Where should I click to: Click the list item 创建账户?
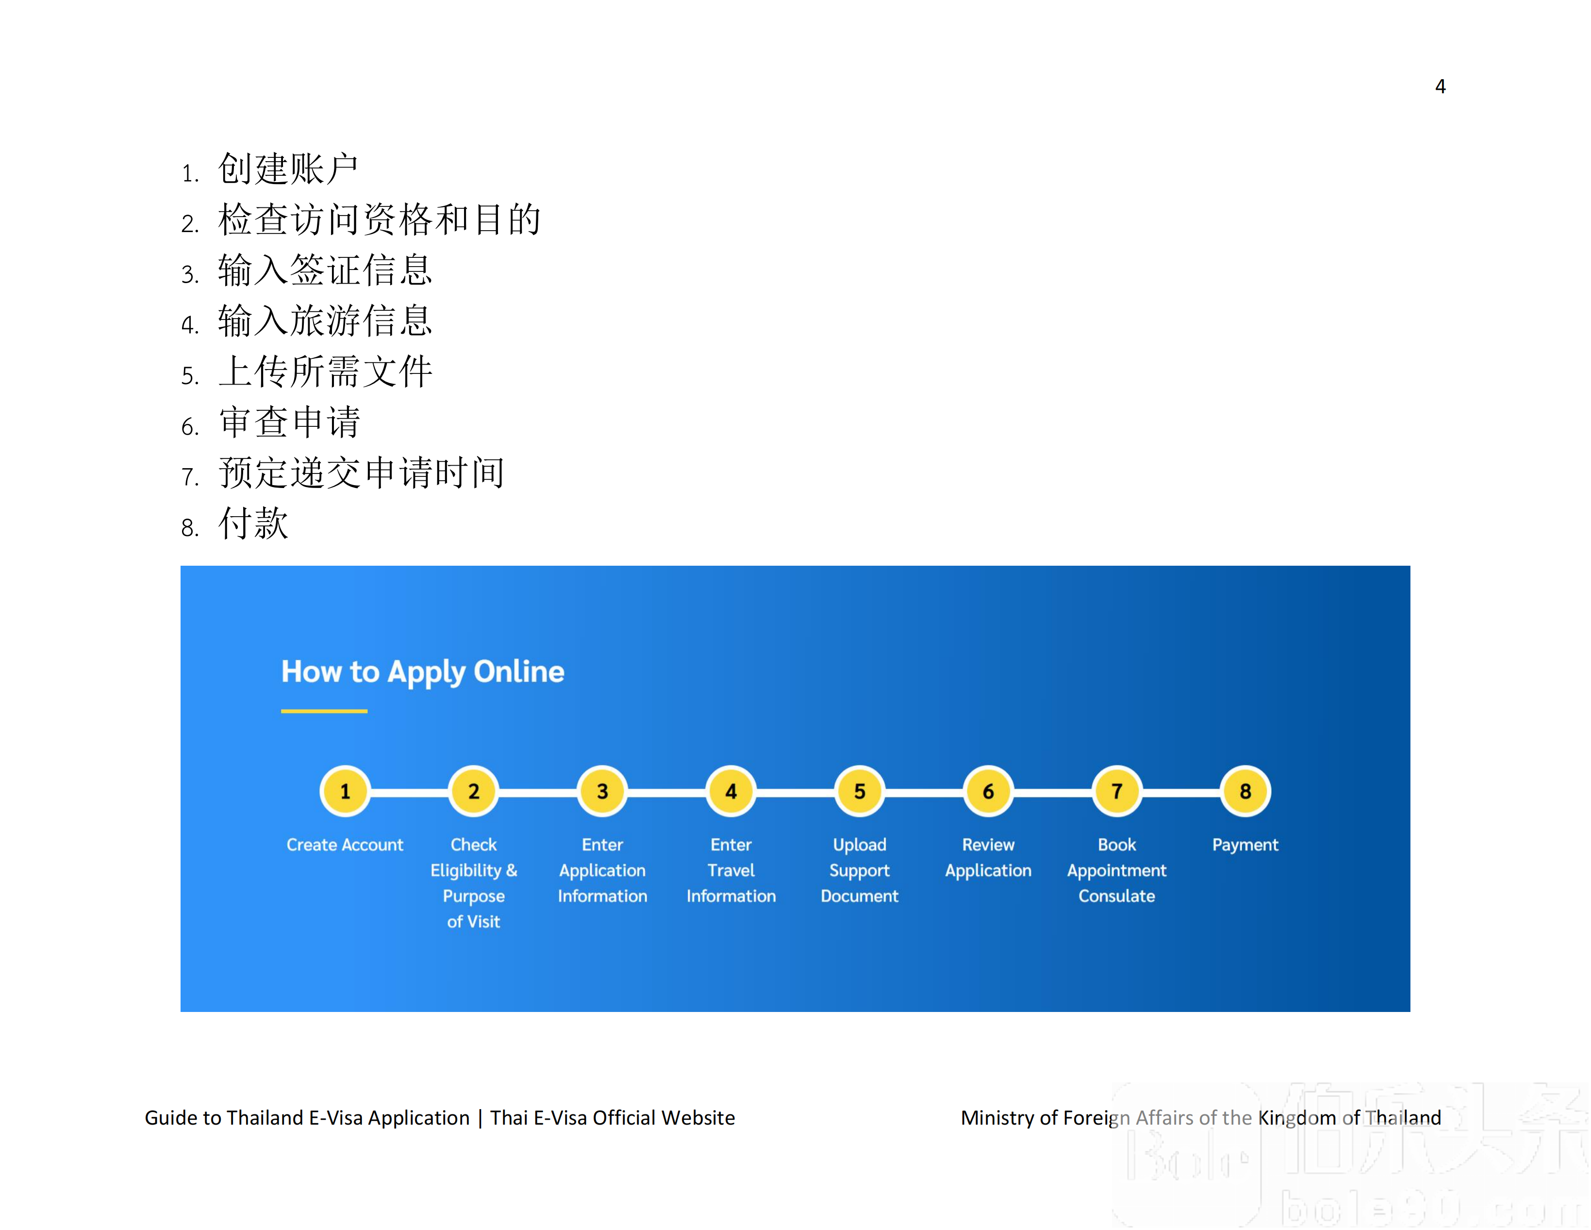tap(288, 169)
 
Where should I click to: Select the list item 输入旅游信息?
tap(325, 320)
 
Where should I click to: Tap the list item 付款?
tap(253, 523)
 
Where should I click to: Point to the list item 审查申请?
tap(289, 422)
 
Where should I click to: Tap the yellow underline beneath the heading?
tap(324, 710)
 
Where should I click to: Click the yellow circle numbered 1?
tap(345, 792)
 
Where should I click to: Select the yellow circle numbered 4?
tap(730, 792)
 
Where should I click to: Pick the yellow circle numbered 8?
tap(1245, 792)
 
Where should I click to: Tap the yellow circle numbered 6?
tap(988, 792)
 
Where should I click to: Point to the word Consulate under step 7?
tap(1116, 896)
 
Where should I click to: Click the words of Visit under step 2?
tap(474, 922)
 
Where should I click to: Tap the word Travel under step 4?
tap(730, 871)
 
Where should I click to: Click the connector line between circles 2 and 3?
tap(538, 792)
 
